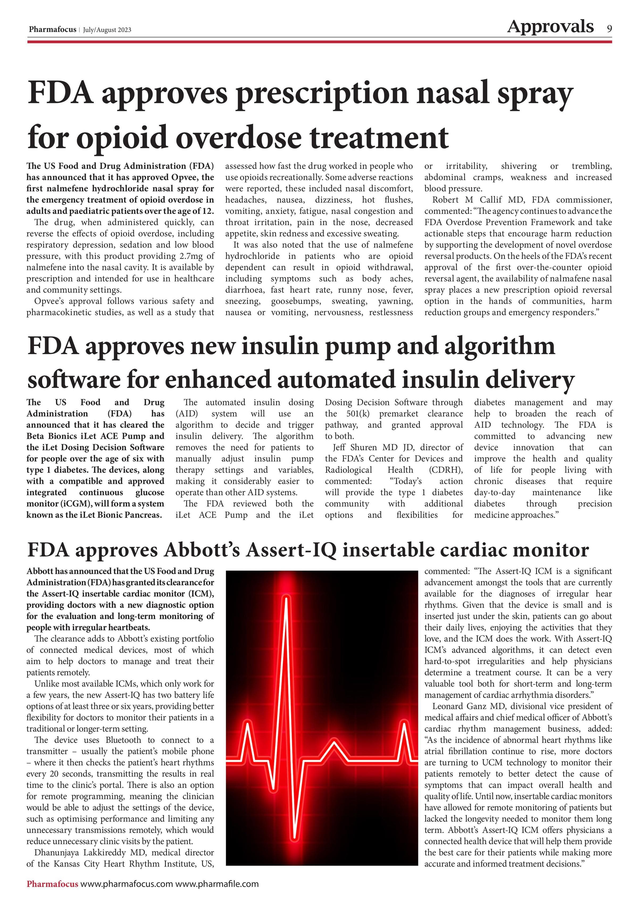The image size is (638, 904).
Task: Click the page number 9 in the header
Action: click(609, 29)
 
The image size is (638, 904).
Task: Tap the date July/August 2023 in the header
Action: click(107, 30)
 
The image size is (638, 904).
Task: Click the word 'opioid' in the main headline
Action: click(123, 138)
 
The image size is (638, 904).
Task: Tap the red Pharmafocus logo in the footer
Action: click(52, 884)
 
